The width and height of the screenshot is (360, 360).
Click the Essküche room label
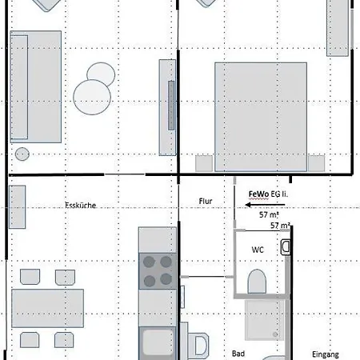[81, 206]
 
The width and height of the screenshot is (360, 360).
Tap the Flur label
[206, 201]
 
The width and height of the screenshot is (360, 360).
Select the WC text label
[258, 250]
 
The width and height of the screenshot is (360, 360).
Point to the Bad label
[238, 354]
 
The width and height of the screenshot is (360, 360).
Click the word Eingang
[326, 354]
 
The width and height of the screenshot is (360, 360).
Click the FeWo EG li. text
[268, 194]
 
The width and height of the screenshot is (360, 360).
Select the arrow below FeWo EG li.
[265, 205]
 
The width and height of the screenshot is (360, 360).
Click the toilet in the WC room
[257, 282]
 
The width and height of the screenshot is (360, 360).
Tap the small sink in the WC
[286, 247]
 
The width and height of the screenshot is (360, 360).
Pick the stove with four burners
[158, 271]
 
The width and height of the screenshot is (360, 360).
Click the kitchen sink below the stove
[158, 343]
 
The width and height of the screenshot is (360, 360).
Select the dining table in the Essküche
[47, 308]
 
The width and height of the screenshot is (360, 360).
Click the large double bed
[261, 117]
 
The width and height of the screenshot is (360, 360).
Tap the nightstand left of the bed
[204, 163]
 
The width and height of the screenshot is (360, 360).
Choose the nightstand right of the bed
[317, 163]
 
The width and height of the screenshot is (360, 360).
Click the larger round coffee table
[92, 97]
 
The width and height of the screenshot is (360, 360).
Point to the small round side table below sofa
[22, 154]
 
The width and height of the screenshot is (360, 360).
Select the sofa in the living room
[36, 86]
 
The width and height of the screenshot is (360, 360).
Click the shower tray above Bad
[265, 320]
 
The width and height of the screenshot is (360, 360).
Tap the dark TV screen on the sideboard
[171, 106]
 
